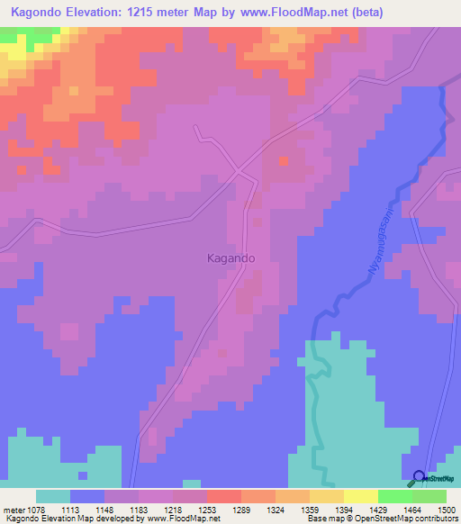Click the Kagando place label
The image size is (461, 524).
[x=225, y=257]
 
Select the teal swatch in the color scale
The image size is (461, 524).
[x=53, y=496]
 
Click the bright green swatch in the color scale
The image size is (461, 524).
[x=395, y=496]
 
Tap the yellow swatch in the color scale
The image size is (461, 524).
[x=327, y=496]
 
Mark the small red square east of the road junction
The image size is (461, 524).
[x=284, y=161]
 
